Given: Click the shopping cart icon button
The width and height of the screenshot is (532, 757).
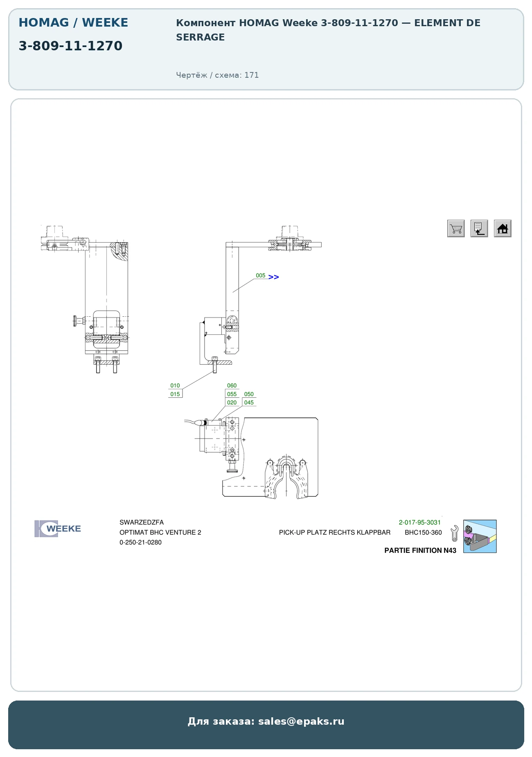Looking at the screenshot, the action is tap(456, 228).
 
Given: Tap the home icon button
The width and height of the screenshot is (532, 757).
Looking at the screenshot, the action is tap(503, 228).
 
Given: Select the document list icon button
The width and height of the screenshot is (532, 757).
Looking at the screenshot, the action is tap(479, 228).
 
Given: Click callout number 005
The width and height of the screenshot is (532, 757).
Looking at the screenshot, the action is tap(261, 275).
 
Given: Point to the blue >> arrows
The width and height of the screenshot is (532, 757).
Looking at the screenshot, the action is tap(274, 277).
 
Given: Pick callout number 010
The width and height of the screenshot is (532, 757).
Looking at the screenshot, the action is tap(175, 385).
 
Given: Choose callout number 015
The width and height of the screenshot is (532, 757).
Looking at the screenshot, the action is tap(175, 394).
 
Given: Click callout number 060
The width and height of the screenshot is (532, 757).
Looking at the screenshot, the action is tap(232, 385).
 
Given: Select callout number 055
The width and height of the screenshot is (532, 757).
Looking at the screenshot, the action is tap(232, 394).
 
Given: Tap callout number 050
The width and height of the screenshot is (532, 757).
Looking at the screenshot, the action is tap(249, 394).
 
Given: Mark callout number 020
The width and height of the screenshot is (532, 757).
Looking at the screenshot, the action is tap(232, 403).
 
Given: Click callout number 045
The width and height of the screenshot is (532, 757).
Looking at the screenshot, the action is tap(249, 403).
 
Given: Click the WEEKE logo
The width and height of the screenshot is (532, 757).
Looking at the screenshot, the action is tap(58, 529).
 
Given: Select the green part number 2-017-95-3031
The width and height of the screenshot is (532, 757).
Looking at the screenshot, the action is tap(420, 523).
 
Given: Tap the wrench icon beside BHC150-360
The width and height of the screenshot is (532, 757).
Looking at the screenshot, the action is tap(454, 534).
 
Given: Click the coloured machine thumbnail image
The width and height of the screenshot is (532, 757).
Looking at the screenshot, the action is tap(480, 536).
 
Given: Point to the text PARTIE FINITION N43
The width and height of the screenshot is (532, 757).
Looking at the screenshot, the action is tap(420, 550).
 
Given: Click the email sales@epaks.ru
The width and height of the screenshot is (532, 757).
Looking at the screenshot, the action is tap(301, 721).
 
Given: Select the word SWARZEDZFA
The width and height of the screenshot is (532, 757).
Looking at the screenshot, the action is tap(142, 523).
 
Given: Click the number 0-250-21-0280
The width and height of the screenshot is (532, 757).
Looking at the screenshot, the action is tap(140, 542).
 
